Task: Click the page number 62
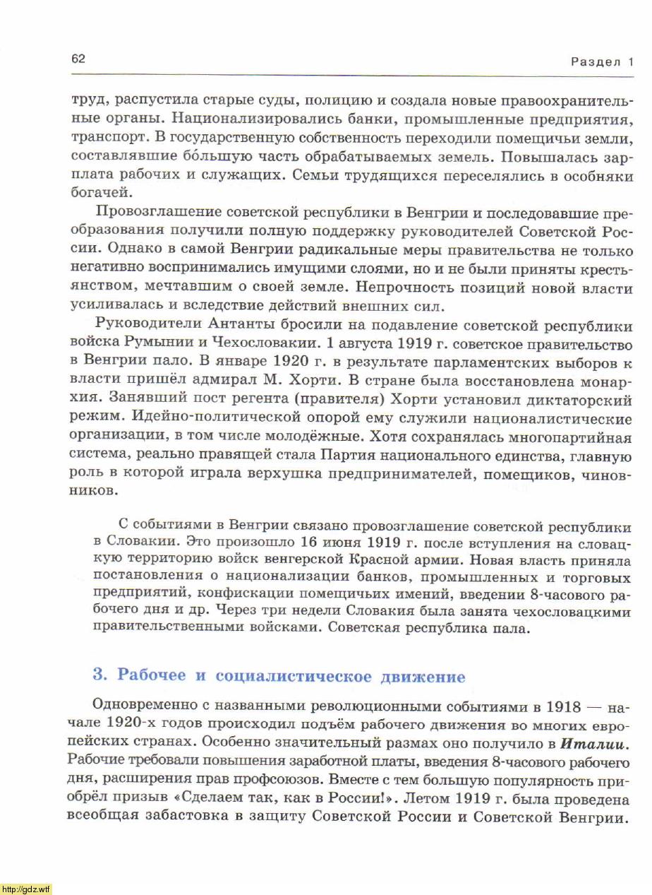[x=78, y=59]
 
